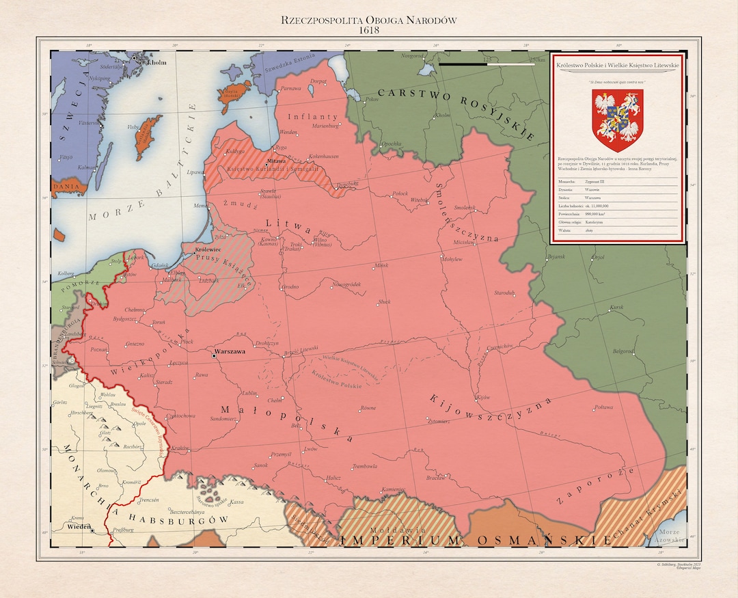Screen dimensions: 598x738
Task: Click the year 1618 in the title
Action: point(368,30)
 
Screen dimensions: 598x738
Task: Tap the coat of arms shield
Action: point(618,120)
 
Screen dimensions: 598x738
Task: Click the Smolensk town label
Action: point(464,207)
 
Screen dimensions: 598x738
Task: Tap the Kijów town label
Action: point(483,396)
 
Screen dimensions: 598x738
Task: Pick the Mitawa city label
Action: point(276,161)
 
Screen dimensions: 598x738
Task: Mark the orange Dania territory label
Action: point(66,185)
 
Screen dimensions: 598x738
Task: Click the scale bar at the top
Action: point(487,64)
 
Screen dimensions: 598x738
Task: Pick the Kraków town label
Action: point(180,448)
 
